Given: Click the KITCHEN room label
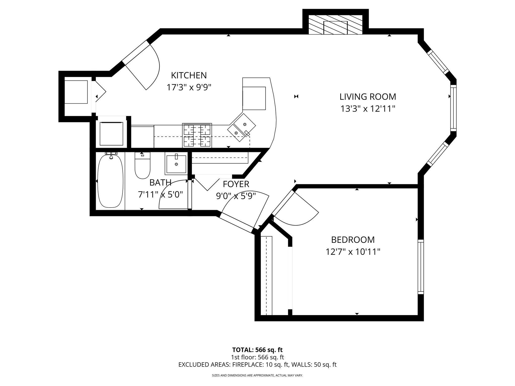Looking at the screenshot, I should tap(189, 75).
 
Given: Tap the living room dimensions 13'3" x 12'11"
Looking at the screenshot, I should tap(368, 109).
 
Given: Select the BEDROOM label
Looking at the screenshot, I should tap(353, 240).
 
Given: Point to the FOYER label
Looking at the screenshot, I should tap(236, 184).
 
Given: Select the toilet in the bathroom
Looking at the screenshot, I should tap(142, 166).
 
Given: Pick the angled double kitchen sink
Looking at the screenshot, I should tap(241, 127).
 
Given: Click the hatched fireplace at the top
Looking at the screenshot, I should tap(335, 24).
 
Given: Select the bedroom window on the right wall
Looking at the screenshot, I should tap(421, 267).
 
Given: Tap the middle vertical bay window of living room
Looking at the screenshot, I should tap(453, 108).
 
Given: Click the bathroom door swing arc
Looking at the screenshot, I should tap(174, 195).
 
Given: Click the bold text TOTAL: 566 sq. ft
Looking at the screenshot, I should tap(257, 350).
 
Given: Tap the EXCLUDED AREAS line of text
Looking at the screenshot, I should tap(257, 365).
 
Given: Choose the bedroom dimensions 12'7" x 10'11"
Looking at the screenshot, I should tap(353, 252).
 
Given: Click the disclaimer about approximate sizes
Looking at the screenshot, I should tap(257, 375).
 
